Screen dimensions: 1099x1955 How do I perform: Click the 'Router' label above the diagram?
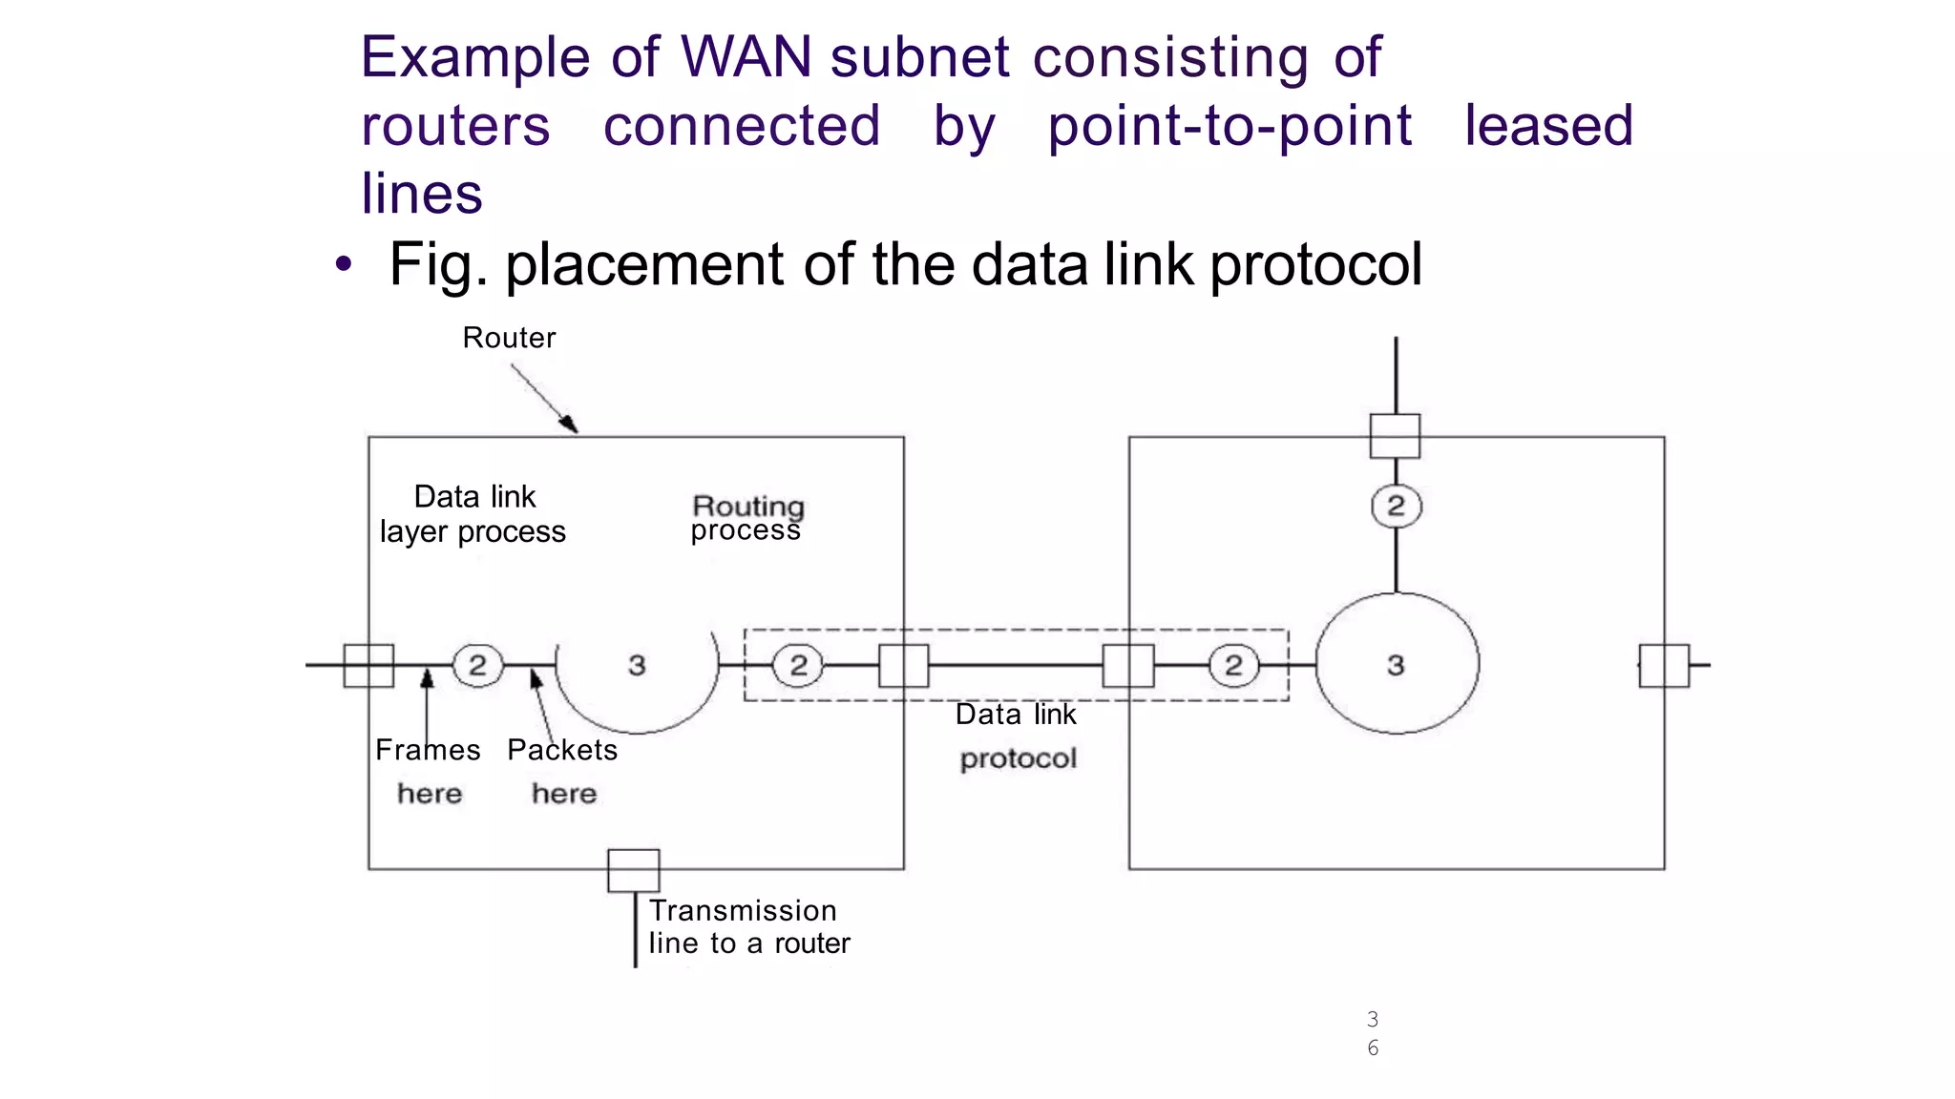(x=509, y=338)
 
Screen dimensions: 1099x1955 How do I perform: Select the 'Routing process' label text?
(x=747, y=518)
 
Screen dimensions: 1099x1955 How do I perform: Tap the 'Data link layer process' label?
(x=473, y=514)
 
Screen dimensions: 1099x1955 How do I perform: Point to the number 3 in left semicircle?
(x=637, y=665)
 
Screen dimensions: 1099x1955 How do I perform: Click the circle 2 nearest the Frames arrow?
(x=477, y=665)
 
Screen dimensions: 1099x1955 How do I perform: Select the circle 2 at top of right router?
(x=1396, y=507)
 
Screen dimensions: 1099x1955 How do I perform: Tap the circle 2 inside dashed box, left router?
(x=798, y=665)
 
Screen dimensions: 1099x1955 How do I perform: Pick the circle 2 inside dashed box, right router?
(x=1233, y=665)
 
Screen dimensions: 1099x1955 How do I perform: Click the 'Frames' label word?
(x=428, y=750)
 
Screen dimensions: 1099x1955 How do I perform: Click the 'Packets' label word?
(x=562, y=750)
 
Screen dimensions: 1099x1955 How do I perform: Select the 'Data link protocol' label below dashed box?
(x=1017, y=736)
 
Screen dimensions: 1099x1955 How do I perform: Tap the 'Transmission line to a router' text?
(x=748, y=926)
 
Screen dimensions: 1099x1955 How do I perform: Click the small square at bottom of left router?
(x=634, y=870)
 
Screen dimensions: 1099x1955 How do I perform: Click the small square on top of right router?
(x=1395, y=436)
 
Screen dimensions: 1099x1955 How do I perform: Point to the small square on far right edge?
(x=1664, y=666)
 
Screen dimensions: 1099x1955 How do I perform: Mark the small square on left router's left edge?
(x=368, y=666)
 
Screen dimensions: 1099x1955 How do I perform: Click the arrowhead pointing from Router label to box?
(x=570, y=425)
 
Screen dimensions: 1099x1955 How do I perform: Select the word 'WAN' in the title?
(x=746, y=57)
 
